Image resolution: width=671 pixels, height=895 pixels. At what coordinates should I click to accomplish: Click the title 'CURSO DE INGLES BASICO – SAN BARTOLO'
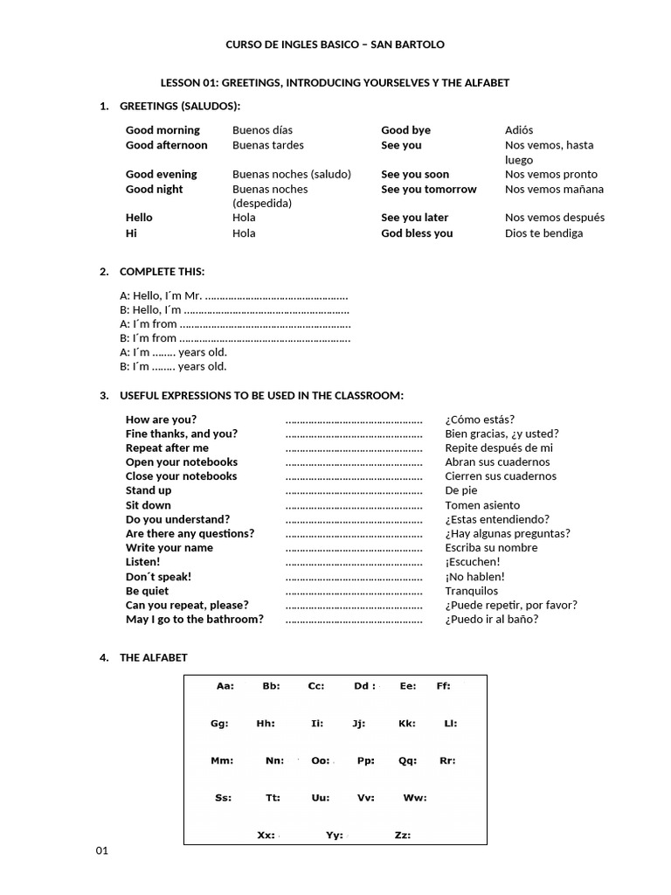coord(335,44)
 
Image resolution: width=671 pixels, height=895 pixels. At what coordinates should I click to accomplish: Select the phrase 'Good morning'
coord(163,130)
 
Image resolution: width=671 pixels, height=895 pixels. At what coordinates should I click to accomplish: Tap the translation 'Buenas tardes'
coord(268,145)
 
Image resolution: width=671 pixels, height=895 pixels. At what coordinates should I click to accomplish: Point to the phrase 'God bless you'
coord(417,233)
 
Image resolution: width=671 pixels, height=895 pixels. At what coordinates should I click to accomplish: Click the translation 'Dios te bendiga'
coord(543,233)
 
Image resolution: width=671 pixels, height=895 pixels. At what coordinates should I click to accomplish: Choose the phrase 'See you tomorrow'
coord(429,189)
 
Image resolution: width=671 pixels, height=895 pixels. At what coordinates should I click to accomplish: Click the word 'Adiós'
coord(519,130)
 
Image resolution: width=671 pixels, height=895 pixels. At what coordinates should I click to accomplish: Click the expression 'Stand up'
coord(149,490)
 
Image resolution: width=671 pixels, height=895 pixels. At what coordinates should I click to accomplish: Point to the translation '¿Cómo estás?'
coord(480,420)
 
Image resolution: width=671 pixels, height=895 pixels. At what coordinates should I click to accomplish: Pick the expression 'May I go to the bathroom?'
coord(194,619)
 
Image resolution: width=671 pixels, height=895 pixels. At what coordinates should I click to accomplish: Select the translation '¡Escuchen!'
coord(473,562)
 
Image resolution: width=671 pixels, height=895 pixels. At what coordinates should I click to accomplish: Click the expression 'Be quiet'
coord(148,591)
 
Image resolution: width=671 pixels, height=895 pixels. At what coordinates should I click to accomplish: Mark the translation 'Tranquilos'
coord(472,591)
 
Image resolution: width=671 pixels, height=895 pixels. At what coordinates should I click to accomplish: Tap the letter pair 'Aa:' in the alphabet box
coord(225,686)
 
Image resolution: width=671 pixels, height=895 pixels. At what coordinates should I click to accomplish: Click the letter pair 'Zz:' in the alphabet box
coord(403,835)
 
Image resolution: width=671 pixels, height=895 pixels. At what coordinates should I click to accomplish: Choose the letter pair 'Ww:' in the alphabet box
coord(414,797)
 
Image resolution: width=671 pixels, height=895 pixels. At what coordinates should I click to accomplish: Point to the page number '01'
coord(102,851)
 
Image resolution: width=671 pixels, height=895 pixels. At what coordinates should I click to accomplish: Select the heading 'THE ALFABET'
coord(153,657)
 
